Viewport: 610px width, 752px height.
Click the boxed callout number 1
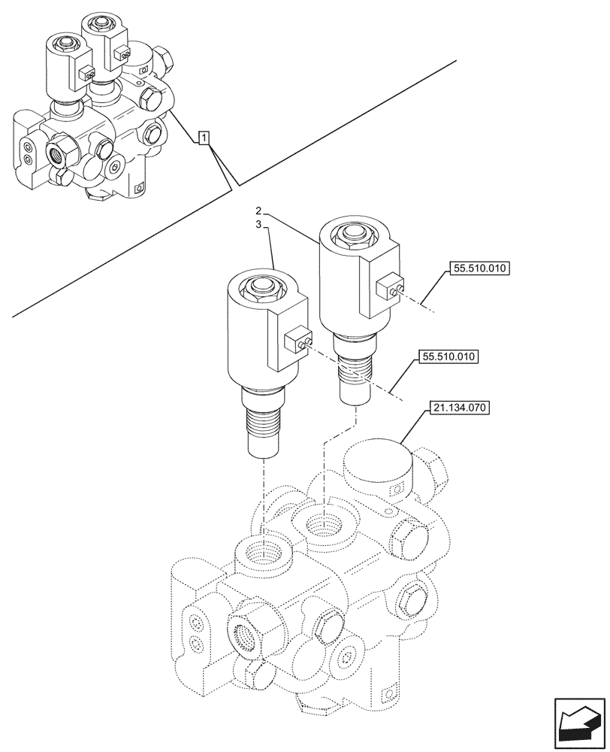tap(204, 137)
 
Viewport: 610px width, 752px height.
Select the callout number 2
tap(257, 210)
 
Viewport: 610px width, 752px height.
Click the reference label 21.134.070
tap(459, 409)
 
